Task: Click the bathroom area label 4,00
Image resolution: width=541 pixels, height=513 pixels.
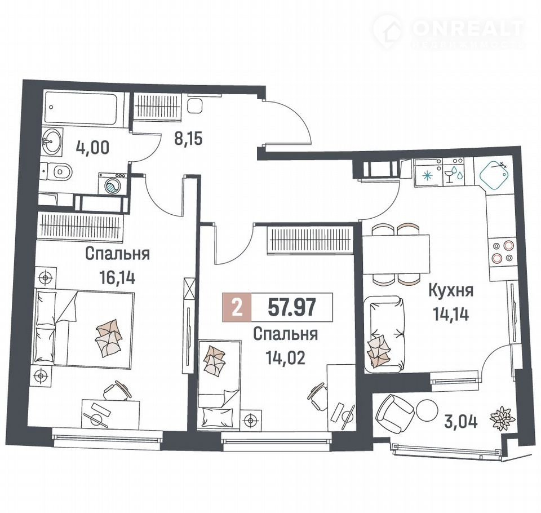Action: point(92,147)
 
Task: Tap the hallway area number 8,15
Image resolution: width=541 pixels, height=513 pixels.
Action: point(188,139)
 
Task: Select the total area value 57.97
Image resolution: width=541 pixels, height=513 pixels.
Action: point(292,307)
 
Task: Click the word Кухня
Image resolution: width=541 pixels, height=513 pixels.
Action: point(451,291)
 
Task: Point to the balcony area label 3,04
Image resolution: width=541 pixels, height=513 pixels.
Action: point(461,422)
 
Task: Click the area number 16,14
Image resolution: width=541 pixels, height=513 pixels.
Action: point(117,277)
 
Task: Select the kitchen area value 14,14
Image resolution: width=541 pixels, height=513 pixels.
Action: point(451,314)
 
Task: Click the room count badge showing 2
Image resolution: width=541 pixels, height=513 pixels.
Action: point(237,307)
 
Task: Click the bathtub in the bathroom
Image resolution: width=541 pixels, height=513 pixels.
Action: point(81,107)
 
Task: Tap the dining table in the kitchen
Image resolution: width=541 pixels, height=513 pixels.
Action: point(396,254)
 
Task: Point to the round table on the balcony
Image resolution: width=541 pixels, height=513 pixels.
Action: point(427,410)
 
